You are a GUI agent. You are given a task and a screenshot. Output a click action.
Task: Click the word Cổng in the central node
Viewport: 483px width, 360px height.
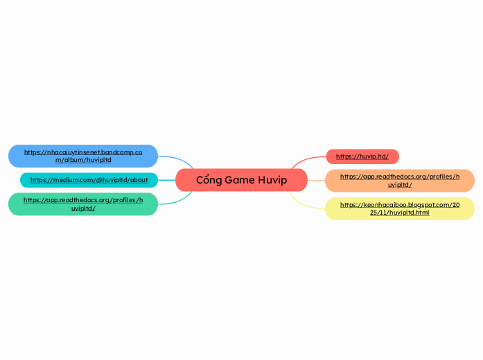pyautogui.click(x=209, y=180)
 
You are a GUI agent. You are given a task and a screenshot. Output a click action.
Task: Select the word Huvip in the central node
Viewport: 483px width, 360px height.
pyautogui.click(x=272, y=180)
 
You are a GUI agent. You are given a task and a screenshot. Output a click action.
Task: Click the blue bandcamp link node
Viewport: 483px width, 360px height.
pyautogui.click(x=83, y=156)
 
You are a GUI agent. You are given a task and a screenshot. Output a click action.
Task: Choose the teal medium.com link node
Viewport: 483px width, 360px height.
pyautogui.click(x=89, y=180)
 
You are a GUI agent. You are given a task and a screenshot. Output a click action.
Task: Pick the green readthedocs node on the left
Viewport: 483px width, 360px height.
pyautogui.click(x=83, y=204)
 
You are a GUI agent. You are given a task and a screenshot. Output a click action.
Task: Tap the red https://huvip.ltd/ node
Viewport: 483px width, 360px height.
pyautogui.click(x=362, y=156)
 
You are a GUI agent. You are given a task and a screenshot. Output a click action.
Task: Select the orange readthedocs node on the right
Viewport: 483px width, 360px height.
pyautogui.click(x=400, y=180)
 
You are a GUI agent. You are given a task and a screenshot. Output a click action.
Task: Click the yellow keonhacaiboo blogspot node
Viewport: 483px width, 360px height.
pyautogui.click(x=400, y=208)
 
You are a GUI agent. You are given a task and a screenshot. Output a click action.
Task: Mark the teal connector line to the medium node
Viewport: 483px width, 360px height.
pyautogui.click(x=166, y=180)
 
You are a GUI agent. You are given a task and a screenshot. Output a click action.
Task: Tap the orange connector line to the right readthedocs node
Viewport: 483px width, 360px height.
pyautogui.click(x=316, y=180)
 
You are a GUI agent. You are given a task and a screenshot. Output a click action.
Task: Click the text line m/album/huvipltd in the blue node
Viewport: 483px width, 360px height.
pyautogui.click(x=83, y=160)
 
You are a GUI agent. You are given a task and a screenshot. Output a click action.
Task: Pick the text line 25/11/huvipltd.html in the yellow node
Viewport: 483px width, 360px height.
pyautogui.click(x=400, y=213)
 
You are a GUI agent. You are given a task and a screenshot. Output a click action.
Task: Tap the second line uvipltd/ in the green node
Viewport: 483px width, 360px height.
pyautogui.click(x=83, y=208)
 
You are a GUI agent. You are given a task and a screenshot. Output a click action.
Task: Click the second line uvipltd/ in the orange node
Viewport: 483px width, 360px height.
pyautogui.click(x=400, y=185)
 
